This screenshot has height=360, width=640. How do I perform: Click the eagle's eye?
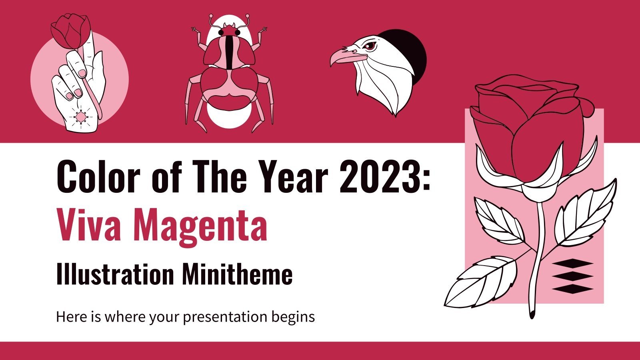(371, 45)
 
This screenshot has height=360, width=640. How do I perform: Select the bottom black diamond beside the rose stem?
(572, 288)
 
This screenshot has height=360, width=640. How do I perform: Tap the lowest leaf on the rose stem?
(482, 280)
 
